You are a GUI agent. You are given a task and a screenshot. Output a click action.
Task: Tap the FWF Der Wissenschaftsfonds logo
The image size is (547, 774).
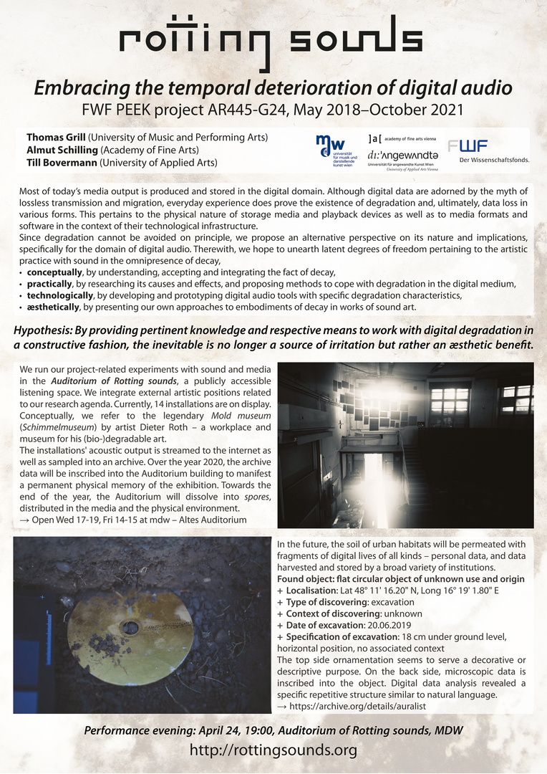tap(487, 150)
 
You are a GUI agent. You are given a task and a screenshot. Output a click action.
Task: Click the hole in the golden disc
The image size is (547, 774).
tap(130, 627)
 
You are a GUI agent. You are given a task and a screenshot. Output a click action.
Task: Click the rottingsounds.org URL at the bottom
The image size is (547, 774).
tap(273, 750)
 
